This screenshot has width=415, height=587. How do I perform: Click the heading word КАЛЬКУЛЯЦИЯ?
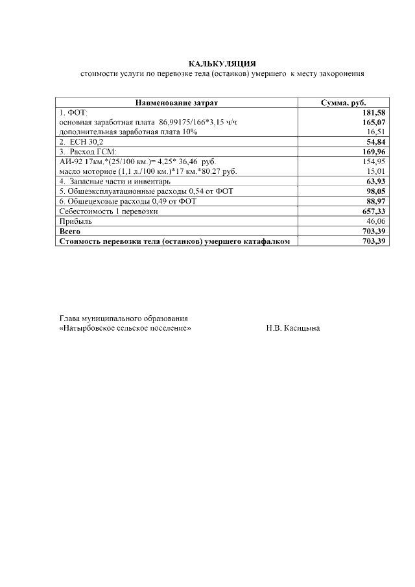coord(222,64)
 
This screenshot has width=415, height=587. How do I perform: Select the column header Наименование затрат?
coord(176,103)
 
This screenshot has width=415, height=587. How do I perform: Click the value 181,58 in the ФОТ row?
coord(374,113)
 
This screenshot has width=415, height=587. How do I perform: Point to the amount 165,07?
coord(374,122)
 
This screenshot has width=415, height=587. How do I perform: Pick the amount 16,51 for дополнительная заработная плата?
coord(375,131)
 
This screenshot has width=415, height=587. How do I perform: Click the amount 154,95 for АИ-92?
coord(374,160)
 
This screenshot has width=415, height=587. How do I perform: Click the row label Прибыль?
coord(73,221)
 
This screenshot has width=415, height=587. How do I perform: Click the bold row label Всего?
coord(70,231)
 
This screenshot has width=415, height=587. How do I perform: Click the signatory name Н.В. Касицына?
coord(293,328)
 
